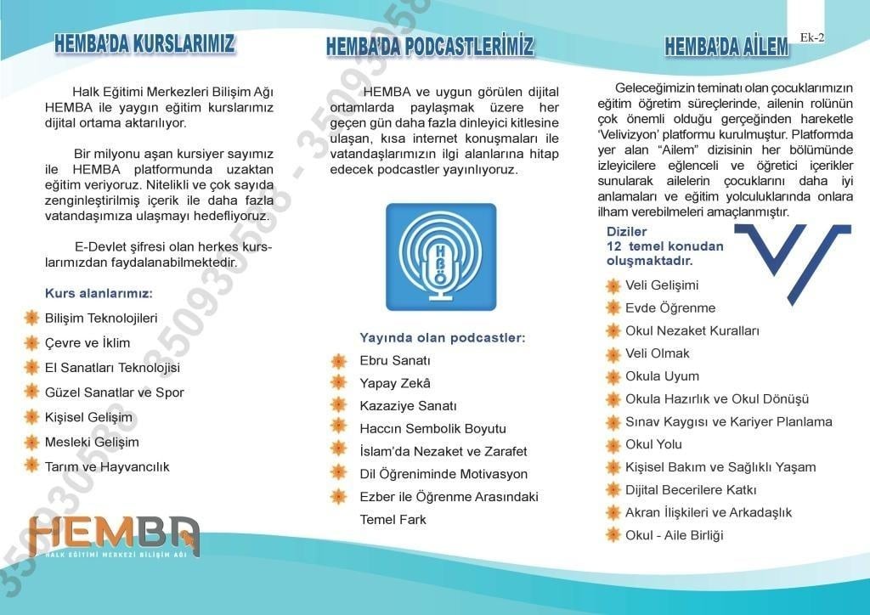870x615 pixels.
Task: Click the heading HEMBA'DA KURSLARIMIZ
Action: (x=144, y=44)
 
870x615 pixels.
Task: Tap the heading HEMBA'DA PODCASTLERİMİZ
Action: (x=430, y=47)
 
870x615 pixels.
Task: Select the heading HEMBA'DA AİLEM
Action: (x=726, y=48)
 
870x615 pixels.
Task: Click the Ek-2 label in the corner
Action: (x=812, y=37)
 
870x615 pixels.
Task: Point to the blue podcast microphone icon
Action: (x=441, y=257)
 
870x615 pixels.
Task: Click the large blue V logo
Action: (x=794, y=260)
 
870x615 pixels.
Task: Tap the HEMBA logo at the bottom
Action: (x=114, y=536)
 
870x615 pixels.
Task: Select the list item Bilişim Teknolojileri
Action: (x=101, y=319)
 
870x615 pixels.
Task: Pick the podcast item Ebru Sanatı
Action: (x=395, y=360)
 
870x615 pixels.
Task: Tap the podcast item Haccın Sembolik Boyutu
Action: (x=432, y=429)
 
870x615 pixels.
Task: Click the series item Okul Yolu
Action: (x=653, y=444)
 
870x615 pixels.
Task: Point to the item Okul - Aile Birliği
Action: (x=674, y=535)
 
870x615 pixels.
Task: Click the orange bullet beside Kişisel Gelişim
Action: (x=31, y=417)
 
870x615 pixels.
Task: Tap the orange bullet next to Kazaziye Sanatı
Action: (x=339, y=406)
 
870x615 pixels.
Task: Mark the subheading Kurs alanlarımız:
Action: (x=99, y=294)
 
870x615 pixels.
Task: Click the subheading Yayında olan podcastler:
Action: (x=443, y=338)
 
